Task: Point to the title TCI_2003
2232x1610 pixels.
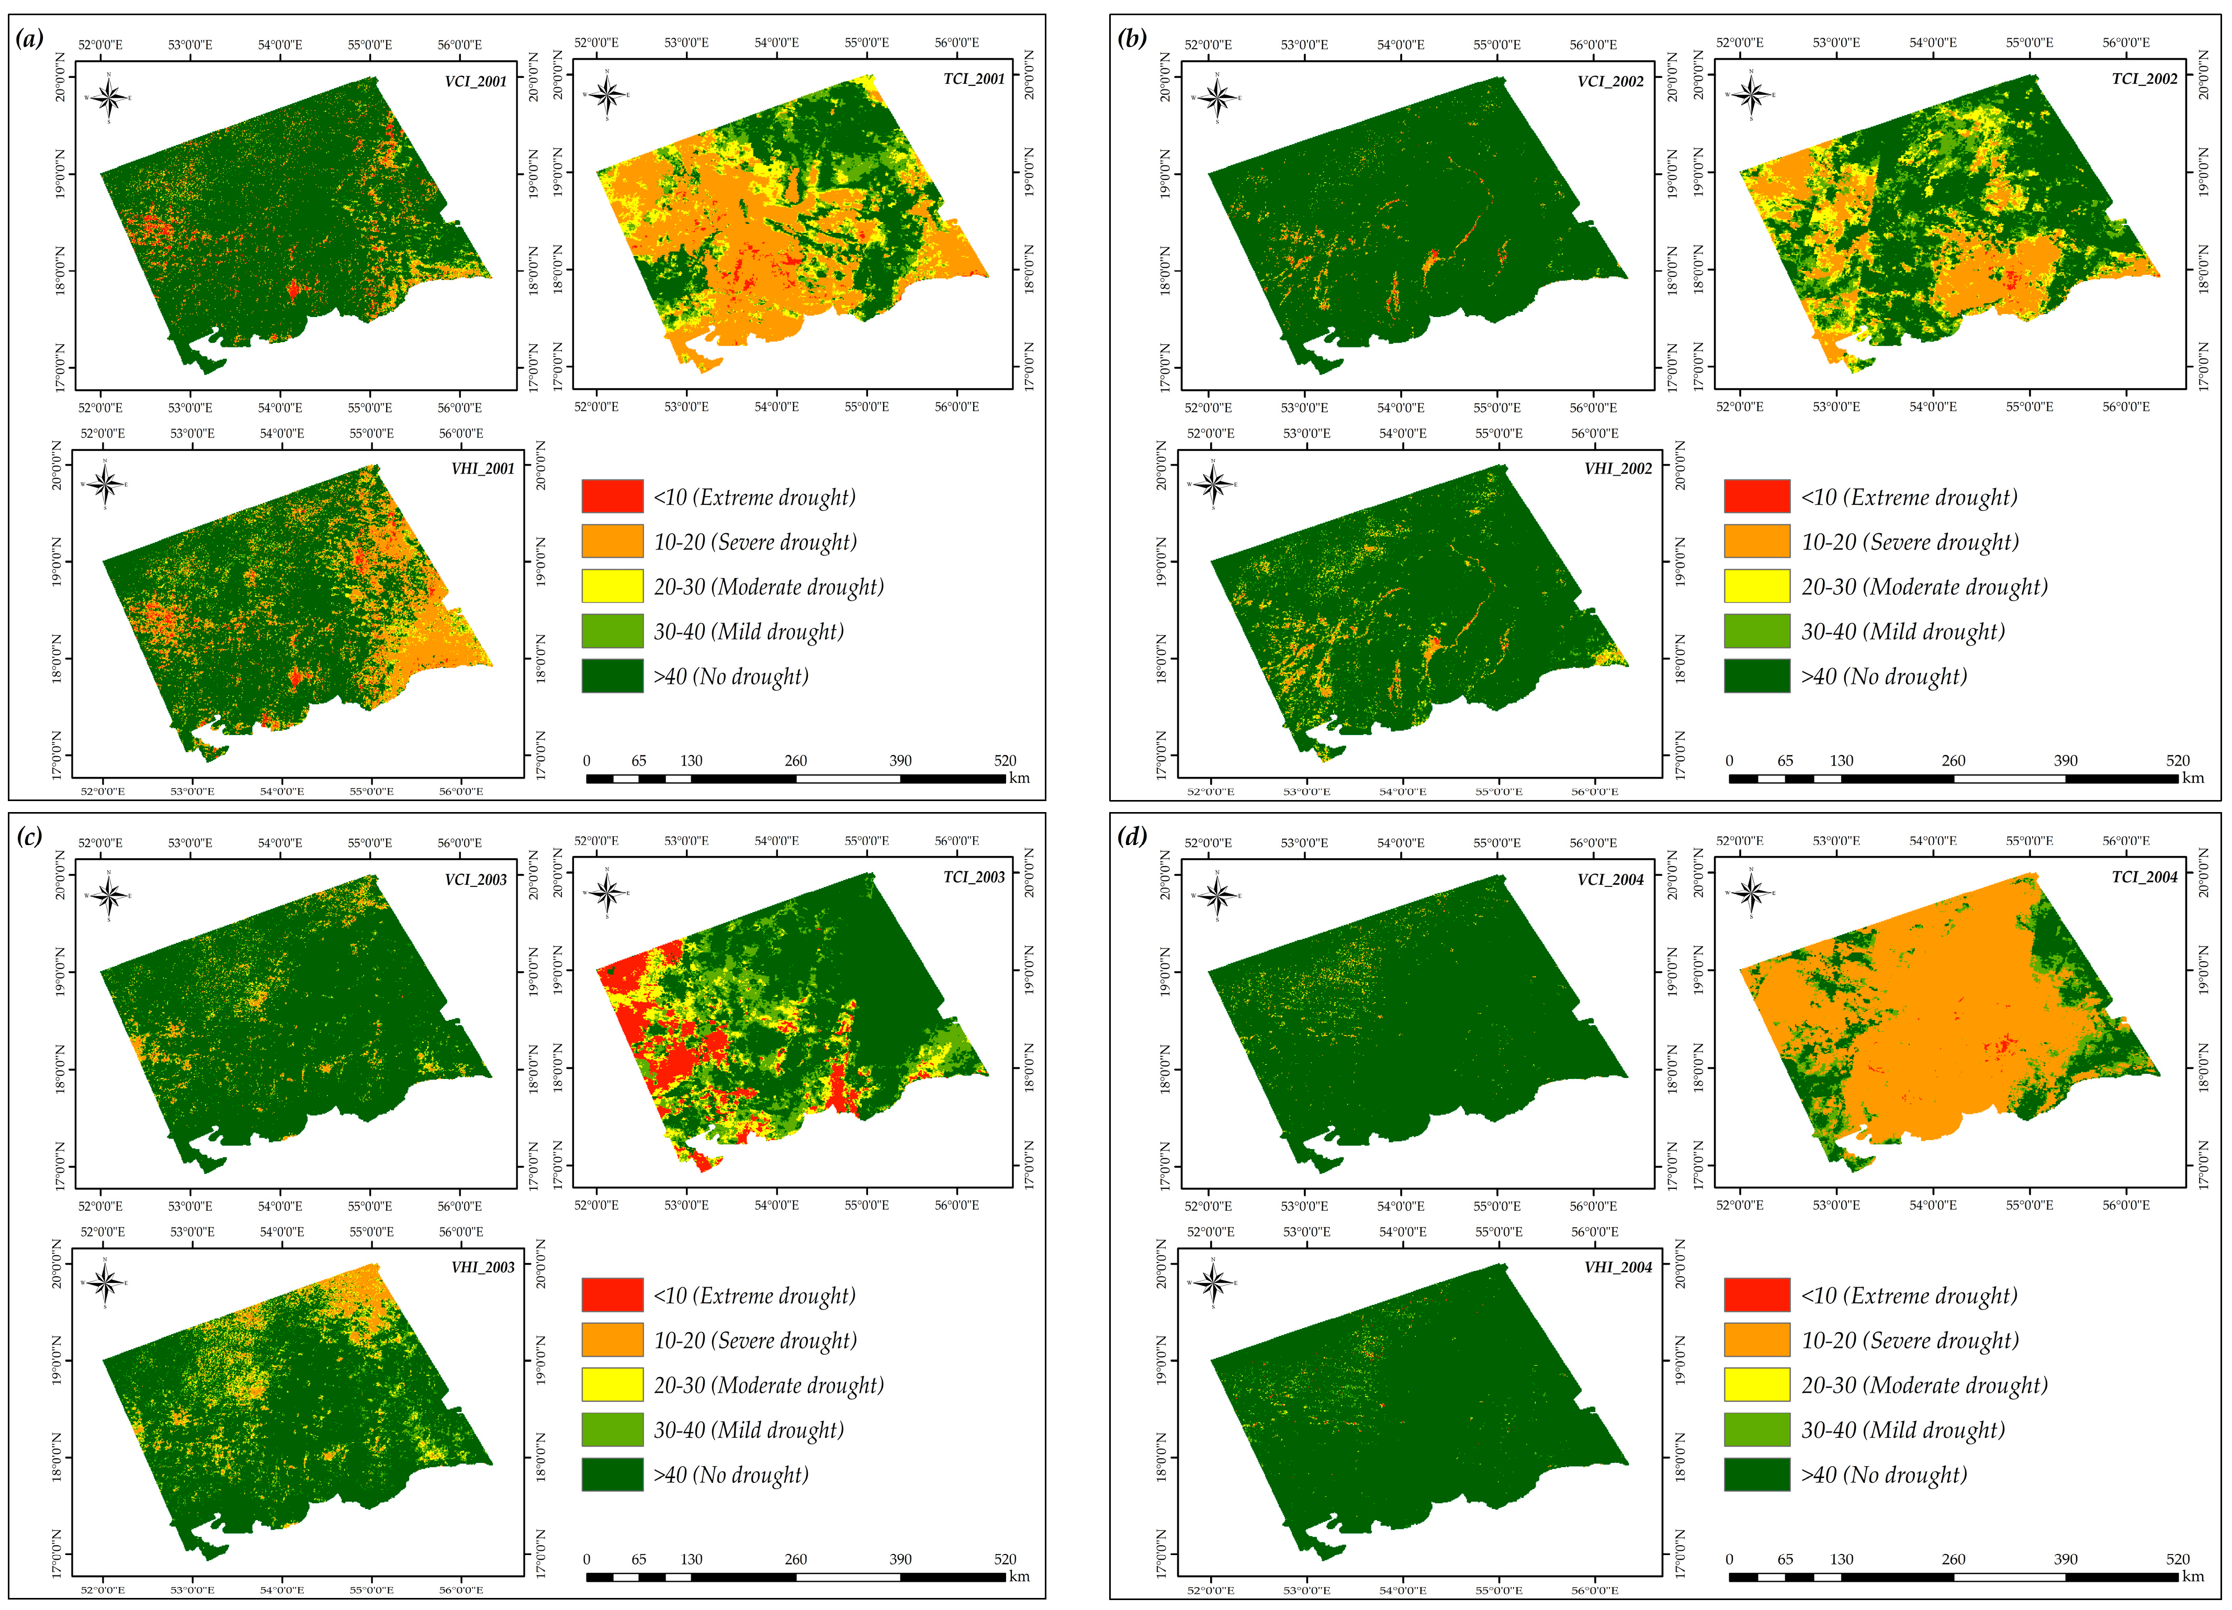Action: [973, 877]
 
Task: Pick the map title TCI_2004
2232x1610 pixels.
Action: [2145, 877]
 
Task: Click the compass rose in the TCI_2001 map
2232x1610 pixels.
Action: [607, 95]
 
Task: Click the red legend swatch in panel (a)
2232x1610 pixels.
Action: [612, 496]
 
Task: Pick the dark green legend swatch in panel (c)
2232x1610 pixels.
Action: [612, 1474]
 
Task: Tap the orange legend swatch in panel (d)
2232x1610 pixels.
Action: [1757, 1339]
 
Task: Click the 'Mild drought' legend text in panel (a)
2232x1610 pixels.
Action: [748, 632]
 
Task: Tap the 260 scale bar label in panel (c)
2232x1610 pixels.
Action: [795, 1559]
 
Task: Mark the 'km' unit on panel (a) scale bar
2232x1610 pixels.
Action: [1020, 778]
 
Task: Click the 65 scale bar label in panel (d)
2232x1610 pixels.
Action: [1784, 1559]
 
